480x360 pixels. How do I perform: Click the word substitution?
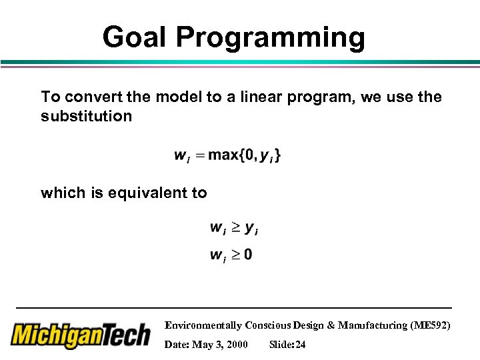click(x=86, y=117)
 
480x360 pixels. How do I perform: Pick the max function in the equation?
click(x=223, y=155)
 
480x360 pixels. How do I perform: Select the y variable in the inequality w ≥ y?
click(x=250, y=229)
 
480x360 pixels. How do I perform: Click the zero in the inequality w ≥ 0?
click(x=248, y=255)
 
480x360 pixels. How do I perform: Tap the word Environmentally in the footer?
click(x=203, y=325)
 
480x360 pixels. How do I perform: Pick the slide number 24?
click(x=299, y=344)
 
